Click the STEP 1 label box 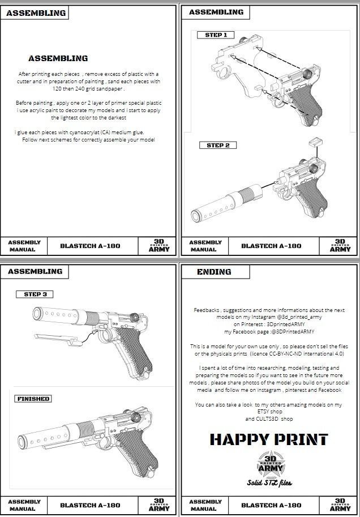pos(216,35)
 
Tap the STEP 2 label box pos(217,146)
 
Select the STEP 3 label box pos(35,294)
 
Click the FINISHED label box pos(33,399)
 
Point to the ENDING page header pos(214,272)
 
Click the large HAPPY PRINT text pos(269,439)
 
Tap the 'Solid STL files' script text pos(269,483)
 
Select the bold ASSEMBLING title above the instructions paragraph pos(58,58)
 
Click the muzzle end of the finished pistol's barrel pos(22,442)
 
